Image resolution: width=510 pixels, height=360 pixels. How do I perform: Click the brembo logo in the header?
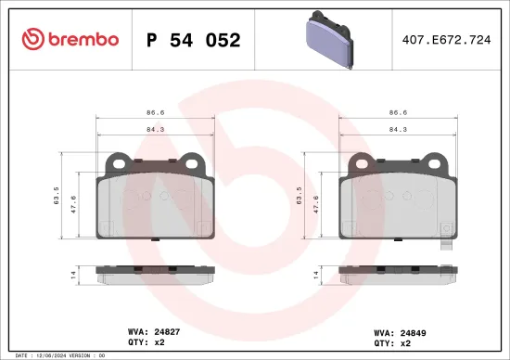pyautogui.click(x=70, y=39)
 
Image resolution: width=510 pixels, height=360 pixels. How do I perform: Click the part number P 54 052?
pyautogui.click(x=194, y=40)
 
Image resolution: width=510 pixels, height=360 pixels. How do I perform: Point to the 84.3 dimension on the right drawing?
pyautogui.click(x=399, y=130)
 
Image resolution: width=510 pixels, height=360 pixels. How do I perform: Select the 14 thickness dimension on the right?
pyautogui.click(x=315, y=276)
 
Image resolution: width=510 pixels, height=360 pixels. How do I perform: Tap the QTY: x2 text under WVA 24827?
pyautogui.click(x=147, y=342)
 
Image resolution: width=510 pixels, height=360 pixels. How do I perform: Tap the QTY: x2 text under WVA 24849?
pyautogui.click(x=392, y=342)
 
